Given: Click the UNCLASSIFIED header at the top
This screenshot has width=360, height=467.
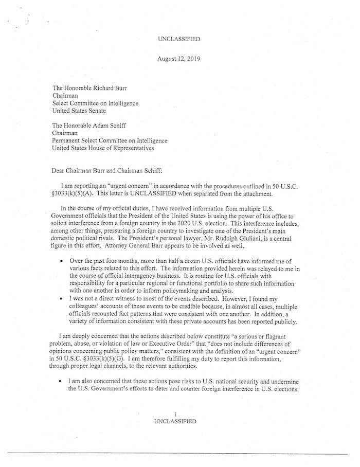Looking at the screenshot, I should (x=179, y=39).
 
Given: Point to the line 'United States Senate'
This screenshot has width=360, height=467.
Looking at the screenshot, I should (x=81, y=110).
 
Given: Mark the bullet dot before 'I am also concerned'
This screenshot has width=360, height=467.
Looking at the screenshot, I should (x=62, y=381).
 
